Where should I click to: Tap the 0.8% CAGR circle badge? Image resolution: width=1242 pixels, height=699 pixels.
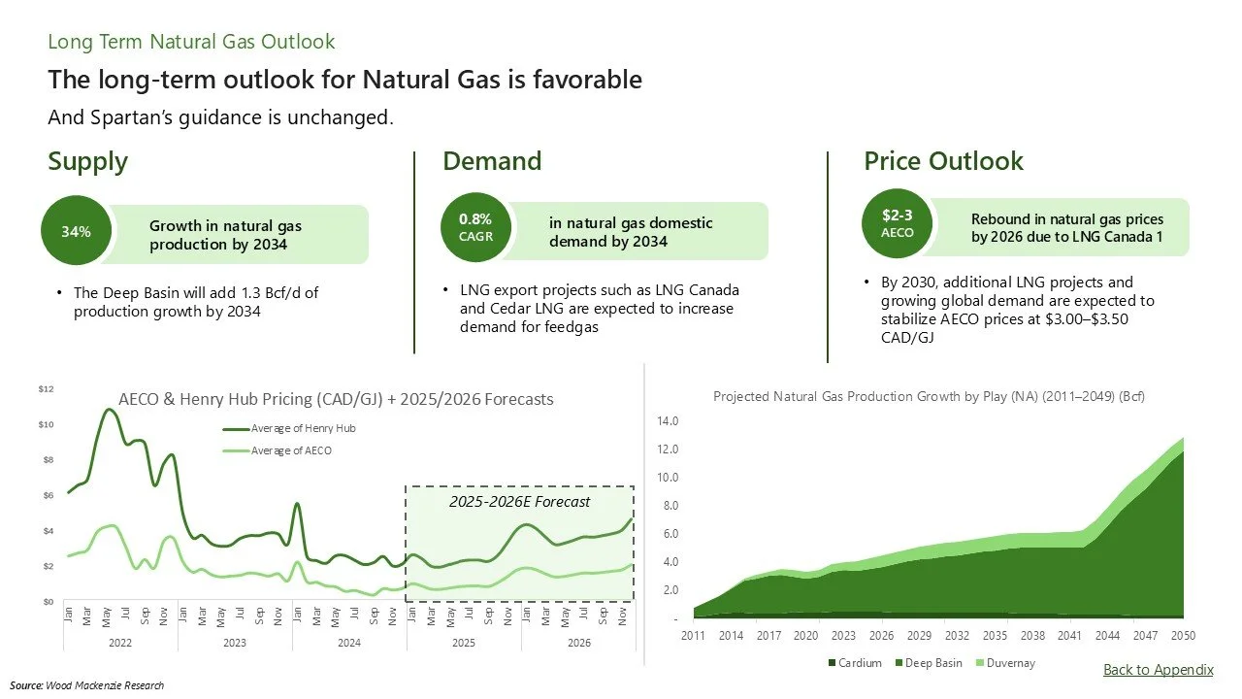[x=475, y=228]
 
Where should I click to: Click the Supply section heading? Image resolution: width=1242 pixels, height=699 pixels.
[x=87, y=161]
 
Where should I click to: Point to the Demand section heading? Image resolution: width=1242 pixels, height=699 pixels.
[x=492, y=161]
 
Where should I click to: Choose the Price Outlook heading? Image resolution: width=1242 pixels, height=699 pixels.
[x=943, y=161]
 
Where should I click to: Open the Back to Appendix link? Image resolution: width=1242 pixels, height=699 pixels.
[x=1158, y=670]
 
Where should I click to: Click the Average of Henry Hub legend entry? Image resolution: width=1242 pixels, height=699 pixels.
[x=290, y=428]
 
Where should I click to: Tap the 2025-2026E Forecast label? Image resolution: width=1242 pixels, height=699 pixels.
[x=518, y=502]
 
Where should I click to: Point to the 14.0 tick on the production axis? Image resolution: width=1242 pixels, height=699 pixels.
[x=668, y=421]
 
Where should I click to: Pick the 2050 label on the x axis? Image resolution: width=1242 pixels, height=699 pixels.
[x=1183, y=636]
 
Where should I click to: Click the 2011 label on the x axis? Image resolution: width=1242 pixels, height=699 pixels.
[x=692, y=636]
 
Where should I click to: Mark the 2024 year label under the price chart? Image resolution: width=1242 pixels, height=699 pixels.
[x=348, y=643]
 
